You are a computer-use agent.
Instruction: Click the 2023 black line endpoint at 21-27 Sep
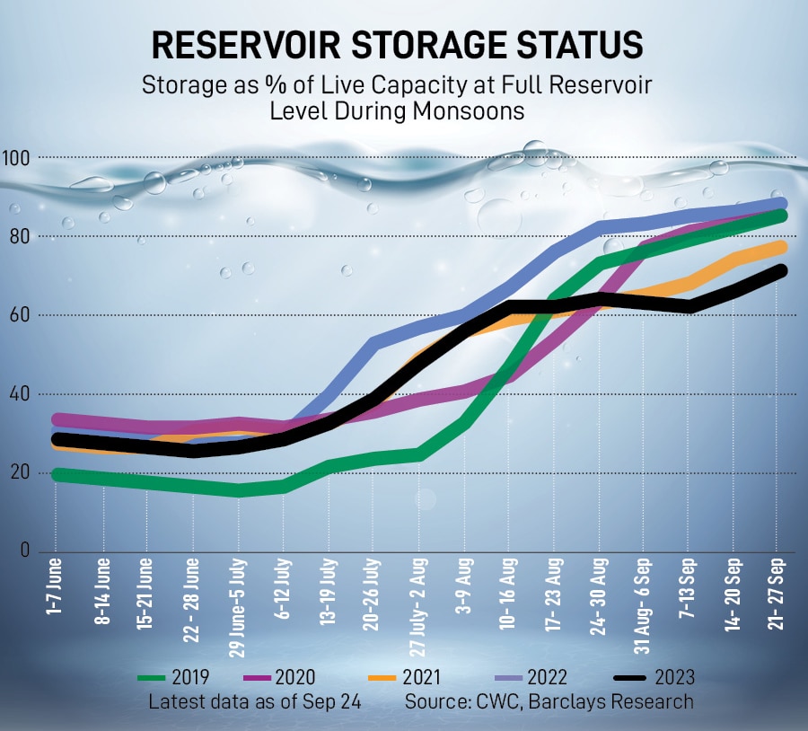click(778, 270)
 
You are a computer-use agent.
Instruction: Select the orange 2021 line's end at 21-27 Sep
click(778, 247)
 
